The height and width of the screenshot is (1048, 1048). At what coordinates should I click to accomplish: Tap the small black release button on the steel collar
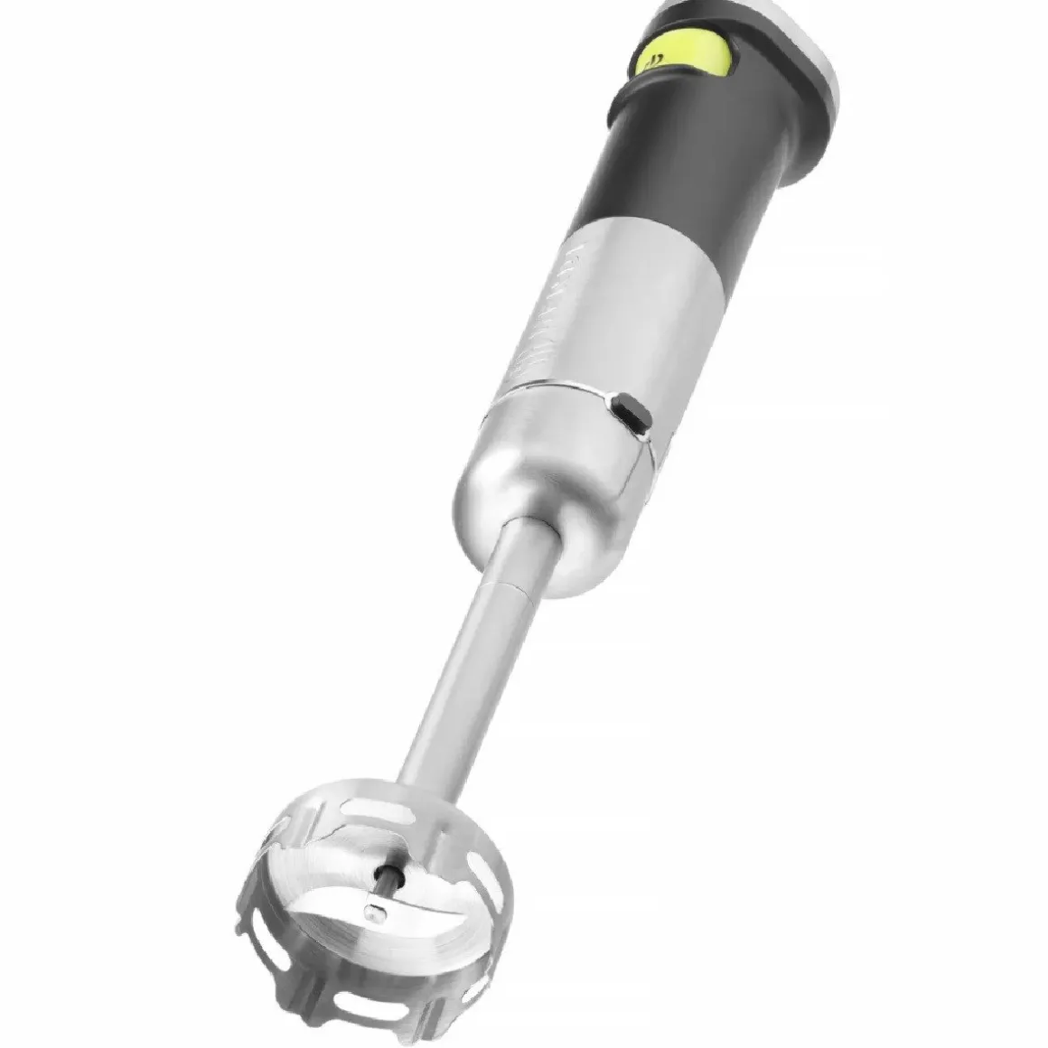[x=630, y=413]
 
